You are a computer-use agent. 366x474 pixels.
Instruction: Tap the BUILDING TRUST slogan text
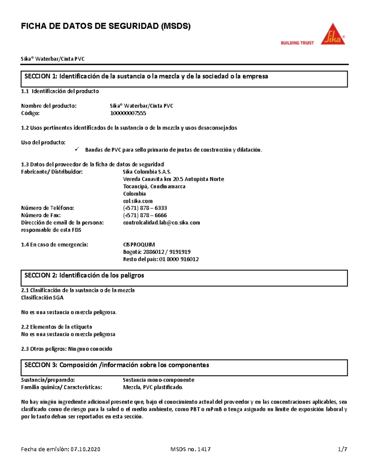point(297,43)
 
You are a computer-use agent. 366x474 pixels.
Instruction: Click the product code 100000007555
point(128,113)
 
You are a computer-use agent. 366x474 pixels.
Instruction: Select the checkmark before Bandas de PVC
point(77,149)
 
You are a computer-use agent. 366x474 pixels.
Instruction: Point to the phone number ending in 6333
point(145,208)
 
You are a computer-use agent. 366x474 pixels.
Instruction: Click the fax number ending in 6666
point(145,215)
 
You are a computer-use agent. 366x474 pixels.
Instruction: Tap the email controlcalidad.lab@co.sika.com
point(161,223)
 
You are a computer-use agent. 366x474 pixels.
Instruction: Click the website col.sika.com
point(138,201)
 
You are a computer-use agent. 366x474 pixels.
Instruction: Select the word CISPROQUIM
point(139,244)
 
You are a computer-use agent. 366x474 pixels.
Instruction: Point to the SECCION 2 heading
point(84,275)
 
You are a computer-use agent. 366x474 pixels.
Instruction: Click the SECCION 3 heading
point(117,365)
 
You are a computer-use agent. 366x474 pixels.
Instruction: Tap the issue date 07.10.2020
point(85,449)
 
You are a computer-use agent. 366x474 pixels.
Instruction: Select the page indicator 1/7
point(342,449)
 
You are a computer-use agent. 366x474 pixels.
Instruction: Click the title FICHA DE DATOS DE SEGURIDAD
point(106,26)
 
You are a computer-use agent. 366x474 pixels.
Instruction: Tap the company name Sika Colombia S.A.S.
point(147,172)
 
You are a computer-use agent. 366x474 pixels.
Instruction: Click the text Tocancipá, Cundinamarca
point(154,186)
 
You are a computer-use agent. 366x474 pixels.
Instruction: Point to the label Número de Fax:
point(41,215)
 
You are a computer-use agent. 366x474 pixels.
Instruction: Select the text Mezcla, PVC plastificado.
point(153,387)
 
